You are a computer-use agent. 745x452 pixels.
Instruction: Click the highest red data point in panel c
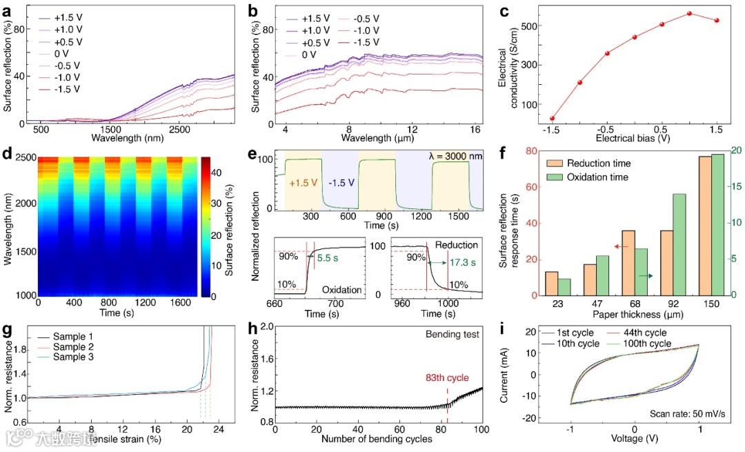(x=689, y=13)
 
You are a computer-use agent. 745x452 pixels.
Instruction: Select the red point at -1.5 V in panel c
(x=552, y=119)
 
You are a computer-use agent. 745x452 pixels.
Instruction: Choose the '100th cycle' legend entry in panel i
(x=649, y=343)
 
